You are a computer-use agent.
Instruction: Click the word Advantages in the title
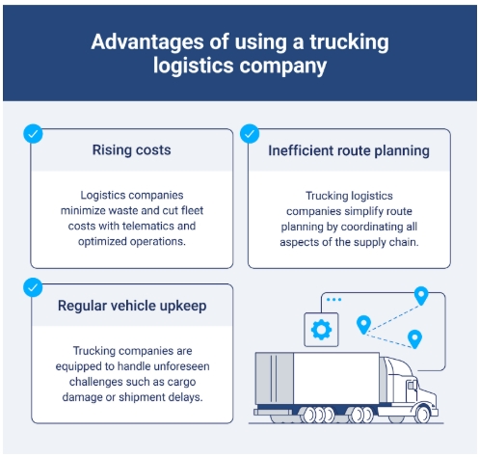tap(147, 42)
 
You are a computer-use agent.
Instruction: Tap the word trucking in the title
tap(349, 42)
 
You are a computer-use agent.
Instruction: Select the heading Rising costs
tap(131, 149)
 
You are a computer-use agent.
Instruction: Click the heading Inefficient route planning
tap(349, 150)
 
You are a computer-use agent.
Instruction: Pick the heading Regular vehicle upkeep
tap(132, 306)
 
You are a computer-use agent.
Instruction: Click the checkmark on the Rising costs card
tap(33, 134)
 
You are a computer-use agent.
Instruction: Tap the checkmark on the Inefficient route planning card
tap(250, 134)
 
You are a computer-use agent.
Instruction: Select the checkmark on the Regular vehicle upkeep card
tap(33, 287)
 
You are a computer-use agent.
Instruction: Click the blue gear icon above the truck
tap(321, 330)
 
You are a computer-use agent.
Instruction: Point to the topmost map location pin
tap(421, 295)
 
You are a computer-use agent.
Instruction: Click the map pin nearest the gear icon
tap(363, 324)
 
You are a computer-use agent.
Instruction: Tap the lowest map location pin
tap(414, 338)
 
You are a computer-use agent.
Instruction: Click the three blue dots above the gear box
tap(333, 300)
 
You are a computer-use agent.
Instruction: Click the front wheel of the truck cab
tap(423, 415)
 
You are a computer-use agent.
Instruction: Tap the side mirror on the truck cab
tap(411, 386)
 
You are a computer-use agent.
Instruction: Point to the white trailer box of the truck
tap(336, 378)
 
